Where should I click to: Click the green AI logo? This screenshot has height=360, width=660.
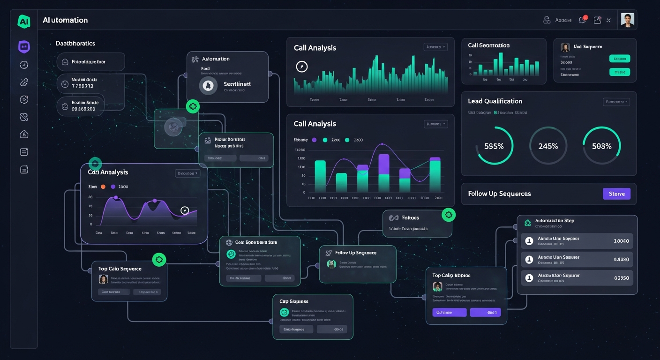[23, 21]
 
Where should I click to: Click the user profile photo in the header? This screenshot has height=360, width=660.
[627, 20]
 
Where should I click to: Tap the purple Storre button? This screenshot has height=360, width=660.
[616, 194]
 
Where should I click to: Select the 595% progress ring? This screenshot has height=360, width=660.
[494, 146]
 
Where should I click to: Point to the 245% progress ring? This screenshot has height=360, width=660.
[548, 146]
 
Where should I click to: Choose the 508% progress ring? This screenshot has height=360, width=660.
[601, 146]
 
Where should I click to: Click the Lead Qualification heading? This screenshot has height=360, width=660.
[495, 101]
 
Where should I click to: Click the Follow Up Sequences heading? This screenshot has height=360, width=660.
[499, 194]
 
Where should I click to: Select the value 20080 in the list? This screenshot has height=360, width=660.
[621, 240]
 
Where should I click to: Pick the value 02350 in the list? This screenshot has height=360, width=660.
[621, 277]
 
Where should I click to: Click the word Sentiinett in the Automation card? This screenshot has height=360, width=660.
[237, 83]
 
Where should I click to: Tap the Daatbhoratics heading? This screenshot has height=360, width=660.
[75, 43]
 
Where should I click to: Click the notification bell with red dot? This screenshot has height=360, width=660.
[583, 20]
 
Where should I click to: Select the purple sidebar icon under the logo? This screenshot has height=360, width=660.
[24, 47]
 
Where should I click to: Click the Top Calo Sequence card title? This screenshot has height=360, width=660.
[120, 269]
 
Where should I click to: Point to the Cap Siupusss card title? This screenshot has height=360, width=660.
[293, 301]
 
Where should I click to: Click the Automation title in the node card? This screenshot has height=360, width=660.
[216, 59]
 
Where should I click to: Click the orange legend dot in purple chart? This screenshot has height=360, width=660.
[103, 187]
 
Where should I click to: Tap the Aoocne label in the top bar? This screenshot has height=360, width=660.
[563, 20]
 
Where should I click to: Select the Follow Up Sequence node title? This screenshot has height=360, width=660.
[355, 253]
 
